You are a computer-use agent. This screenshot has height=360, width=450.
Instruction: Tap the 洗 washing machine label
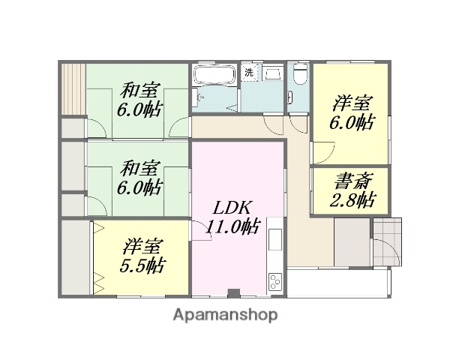pyautogui.click(x=248, y=73)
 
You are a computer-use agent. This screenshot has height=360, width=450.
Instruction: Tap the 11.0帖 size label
pyautogui.click(x=234, y=226)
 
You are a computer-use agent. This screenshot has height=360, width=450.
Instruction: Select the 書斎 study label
pyautogui.click(x=351, y=182)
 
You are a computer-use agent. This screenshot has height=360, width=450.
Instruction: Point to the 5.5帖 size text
pyautogui.click(x=141, y=265)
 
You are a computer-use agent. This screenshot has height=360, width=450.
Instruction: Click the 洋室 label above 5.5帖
pyautogui.click(x=141, y=246)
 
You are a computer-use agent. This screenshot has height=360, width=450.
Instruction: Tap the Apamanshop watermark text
pyautogui.click(x=224, y=315)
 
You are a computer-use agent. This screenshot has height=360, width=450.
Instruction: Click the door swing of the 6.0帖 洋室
pyautogui.click(x=320, y=154)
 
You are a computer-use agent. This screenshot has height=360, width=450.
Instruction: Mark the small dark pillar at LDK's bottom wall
pyautogui.click(x=232, y=292)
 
